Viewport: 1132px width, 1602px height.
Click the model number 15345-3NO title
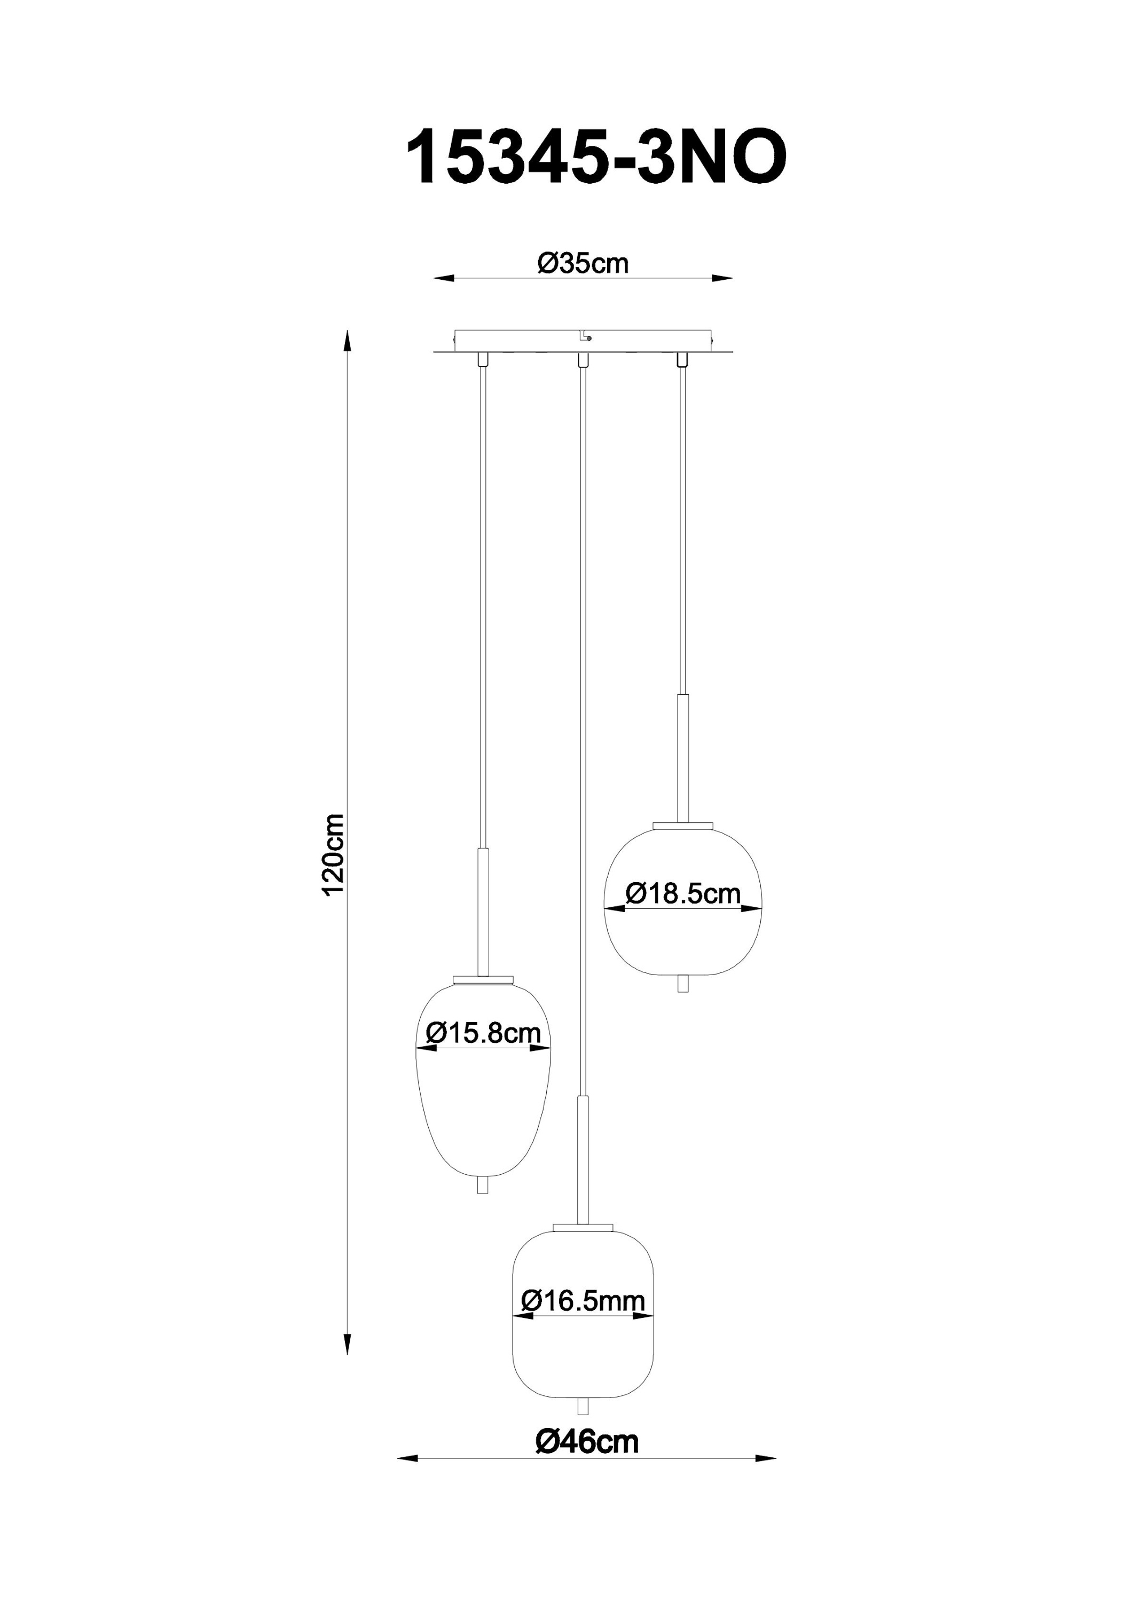pyautogui.click(x=596, y=159)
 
